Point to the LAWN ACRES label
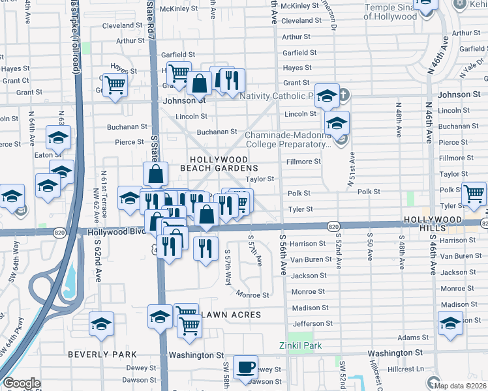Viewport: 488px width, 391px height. (x=232, y=315)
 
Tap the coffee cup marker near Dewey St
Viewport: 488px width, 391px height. (x=245, y=367)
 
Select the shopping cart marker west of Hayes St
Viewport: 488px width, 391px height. (x=115, y=84)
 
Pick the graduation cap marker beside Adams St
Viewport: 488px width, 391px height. (x=451, y=323)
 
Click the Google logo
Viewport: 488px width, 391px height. (x=22, y=383)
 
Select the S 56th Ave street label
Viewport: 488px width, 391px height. (x=282, y=255)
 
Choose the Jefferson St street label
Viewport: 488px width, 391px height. (x=309, y=323)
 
